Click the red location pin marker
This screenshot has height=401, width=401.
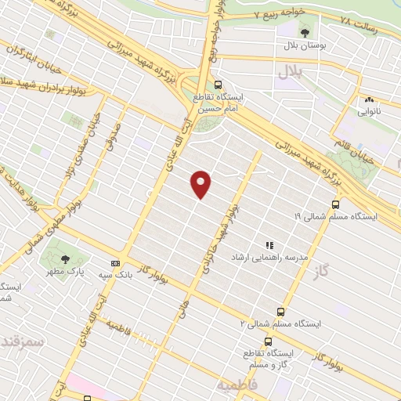[202, 183]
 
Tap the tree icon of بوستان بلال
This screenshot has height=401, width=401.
[305, 32]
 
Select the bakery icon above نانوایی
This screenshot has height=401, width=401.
[368, 99]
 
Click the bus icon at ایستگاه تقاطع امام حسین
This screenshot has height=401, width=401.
[218, 85]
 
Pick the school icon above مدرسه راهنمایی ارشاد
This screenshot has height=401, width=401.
[269, 245]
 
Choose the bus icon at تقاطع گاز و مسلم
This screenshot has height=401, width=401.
[269, 341]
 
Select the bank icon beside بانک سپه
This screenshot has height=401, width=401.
[116, 264]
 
